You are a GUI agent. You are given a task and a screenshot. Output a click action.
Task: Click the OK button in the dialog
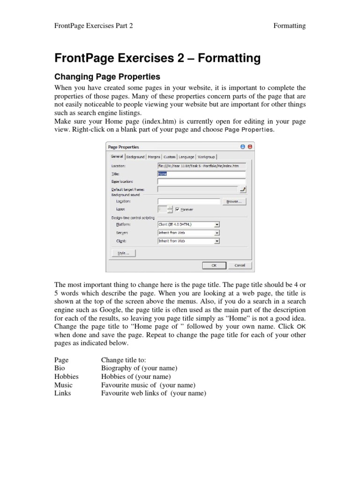tap(214, 265)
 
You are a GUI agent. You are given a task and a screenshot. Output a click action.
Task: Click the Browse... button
tap(234, 202)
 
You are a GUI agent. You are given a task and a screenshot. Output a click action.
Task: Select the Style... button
tap(123, 253)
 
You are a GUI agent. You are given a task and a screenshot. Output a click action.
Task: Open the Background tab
tap(135, 157)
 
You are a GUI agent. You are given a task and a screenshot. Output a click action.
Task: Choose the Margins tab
tap(154, 157)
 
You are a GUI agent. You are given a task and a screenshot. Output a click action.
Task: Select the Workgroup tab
tap(206, 157)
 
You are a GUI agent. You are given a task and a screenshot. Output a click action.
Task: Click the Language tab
tap(186, 157)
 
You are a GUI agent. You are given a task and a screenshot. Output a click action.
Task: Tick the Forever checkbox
tap(178, 210)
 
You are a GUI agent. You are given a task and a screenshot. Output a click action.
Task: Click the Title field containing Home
tap(202, 174)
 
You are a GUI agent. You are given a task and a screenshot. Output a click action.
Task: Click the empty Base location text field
tap(202, 181)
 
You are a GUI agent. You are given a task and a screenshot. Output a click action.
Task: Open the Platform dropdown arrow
tap(217, 225)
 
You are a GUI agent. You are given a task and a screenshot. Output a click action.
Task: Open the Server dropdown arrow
tap(217, 233)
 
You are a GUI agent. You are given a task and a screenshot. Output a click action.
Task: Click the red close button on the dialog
tap(249, 147)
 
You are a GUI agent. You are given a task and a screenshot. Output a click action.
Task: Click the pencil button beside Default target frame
tap(243, 189)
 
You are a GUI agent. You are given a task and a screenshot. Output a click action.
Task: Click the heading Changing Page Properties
tap(107, 76)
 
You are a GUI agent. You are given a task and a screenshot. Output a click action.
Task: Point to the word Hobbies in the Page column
tap(66, 376)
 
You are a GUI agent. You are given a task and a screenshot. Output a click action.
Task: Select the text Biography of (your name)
tap(139, 368)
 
